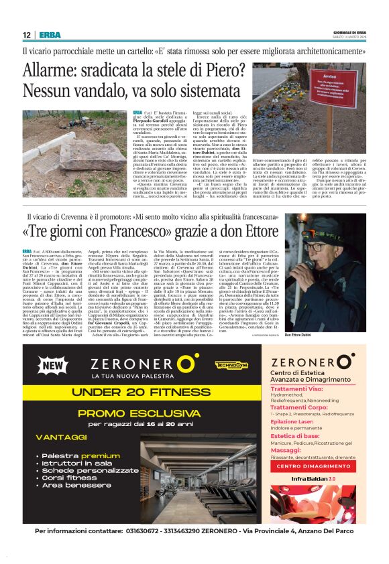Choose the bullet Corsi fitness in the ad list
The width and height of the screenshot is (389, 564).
(x=70, y=478)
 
